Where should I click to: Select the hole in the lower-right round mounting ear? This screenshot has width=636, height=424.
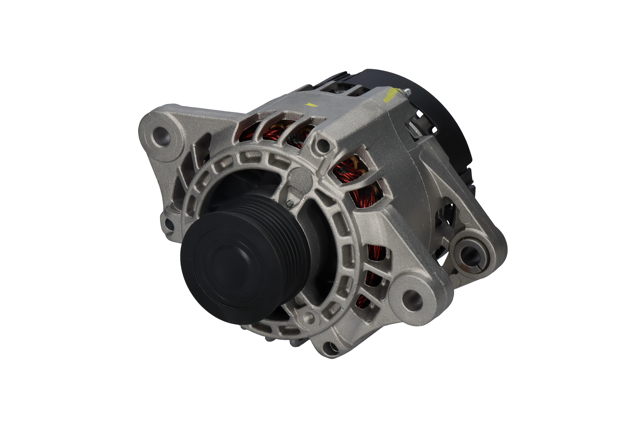(412, 298)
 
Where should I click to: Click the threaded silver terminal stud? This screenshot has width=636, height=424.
(406, 92)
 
